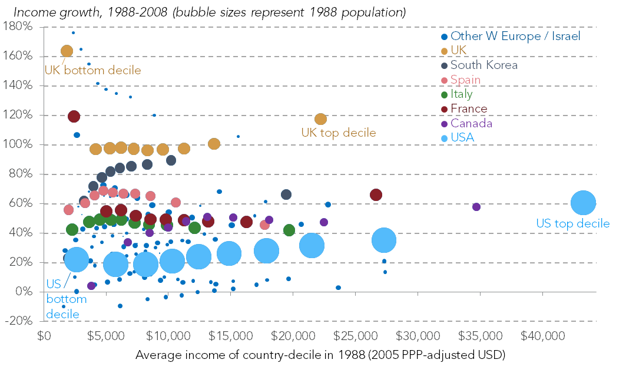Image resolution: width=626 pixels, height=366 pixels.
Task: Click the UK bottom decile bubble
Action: pyautogui.click(x=67, y=51)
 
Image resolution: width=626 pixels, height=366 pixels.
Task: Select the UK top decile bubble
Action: pyautogui.click(x=320, y=119)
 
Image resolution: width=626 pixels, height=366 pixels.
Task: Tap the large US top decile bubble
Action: pyautogui.click(x=583, y=203)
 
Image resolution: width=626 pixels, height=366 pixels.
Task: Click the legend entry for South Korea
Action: pyautogui.click(x=483, y=65)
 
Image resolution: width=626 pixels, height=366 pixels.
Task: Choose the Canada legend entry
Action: pyautogui.click(x=471, y=123)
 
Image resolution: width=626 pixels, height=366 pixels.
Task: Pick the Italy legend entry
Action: pyautogui.click(x=461, y=94)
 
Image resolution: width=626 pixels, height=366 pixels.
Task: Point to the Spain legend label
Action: pyautogui.click(x=465, y=80)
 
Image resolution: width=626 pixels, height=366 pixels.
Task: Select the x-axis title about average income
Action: pyautogui.click(x=320, y=355)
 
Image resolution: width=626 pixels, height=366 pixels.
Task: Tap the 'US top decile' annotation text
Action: pyautogui.click(x=572, y=224)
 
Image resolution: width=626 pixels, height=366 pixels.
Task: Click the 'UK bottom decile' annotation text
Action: pyautogui.click(x=93, y=71)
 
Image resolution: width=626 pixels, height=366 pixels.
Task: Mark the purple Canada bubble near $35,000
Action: pyautogui.click(x=476, y=207)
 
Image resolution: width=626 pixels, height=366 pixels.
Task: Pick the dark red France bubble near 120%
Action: pyautogui.click(x=74, y=116)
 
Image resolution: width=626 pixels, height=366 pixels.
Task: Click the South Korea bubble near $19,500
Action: pyautogui.click(x=286, y=194)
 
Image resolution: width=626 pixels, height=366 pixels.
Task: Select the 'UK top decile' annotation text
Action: pyautogui.click(x=338, y=133)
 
